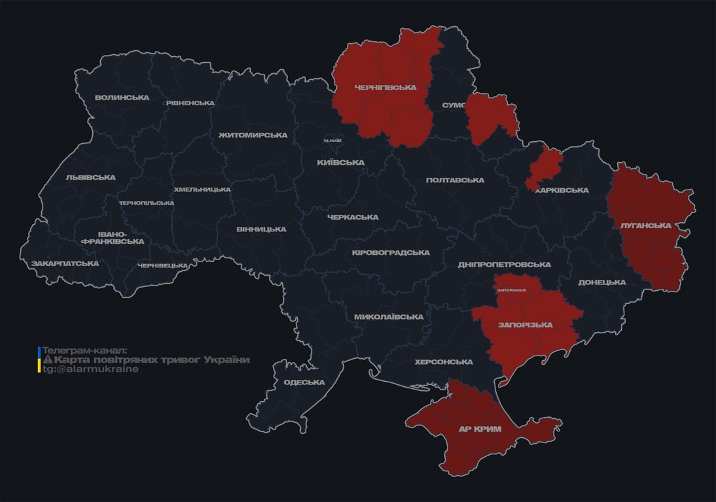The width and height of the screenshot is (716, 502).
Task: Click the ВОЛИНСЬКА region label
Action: click(x=122, y=98)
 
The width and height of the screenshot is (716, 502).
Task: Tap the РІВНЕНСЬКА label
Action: click(x=190, y=103)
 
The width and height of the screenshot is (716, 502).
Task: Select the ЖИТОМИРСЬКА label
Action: click(x=253, y=135)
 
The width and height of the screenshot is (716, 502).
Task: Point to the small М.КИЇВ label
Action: click(x=332, y=141)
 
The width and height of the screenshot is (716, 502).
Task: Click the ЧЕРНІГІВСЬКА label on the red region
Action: click(x=385, y=88)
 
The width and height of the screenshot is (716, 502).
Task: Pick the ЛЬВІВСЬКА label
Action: click(x=90, y=178)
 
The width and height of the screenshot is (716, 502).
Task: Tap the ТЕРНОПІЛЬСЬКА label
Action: click(x=147, y=203)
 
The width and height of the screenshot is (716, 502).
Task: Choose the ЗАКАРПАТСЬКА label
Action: click(x=65, y=264)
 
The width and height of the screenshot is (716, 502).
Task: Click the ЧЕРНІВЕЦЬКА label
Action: click(x=163, y=266)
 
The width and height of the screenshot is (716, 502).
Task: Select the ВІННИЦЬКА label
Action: click(x=261, y=229)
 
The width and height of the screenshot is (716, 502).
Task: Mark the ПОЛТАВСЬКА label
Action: click(x=455, y=180)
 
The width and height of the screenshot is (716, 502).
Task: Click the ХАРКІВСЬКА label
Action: click(x=562, y=191)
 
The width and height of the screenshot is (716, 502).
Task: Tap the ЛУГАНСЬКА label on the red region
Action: click(x=645, y=226)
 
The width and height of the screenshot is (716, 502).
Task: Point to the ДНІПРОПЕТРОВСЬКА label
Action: click(x=504, y=265)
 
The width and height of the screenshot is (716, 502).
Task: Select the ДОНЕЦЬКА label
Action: click(x=601, y=282)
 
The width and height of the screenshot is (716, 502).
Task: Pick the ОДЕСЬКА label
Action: click(x=304, y=382)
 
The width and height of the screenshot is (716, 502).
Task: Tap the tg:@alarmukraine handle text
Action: click(x=90, y=369)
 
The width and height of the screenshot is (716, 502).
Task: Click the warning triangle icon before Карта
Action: click(x=47, y=360)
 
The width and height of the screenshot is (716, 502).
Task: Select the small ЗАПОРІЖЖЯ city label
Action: click(x=511, y=290)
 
